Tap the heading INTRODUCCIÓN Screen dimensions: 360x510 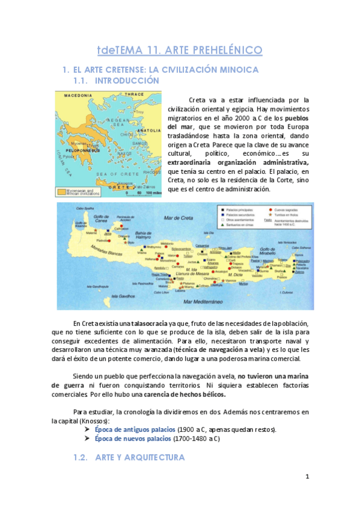127,80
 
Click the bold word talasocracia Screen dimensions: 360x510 150,323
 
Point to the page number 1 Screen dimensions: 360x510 307,477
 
